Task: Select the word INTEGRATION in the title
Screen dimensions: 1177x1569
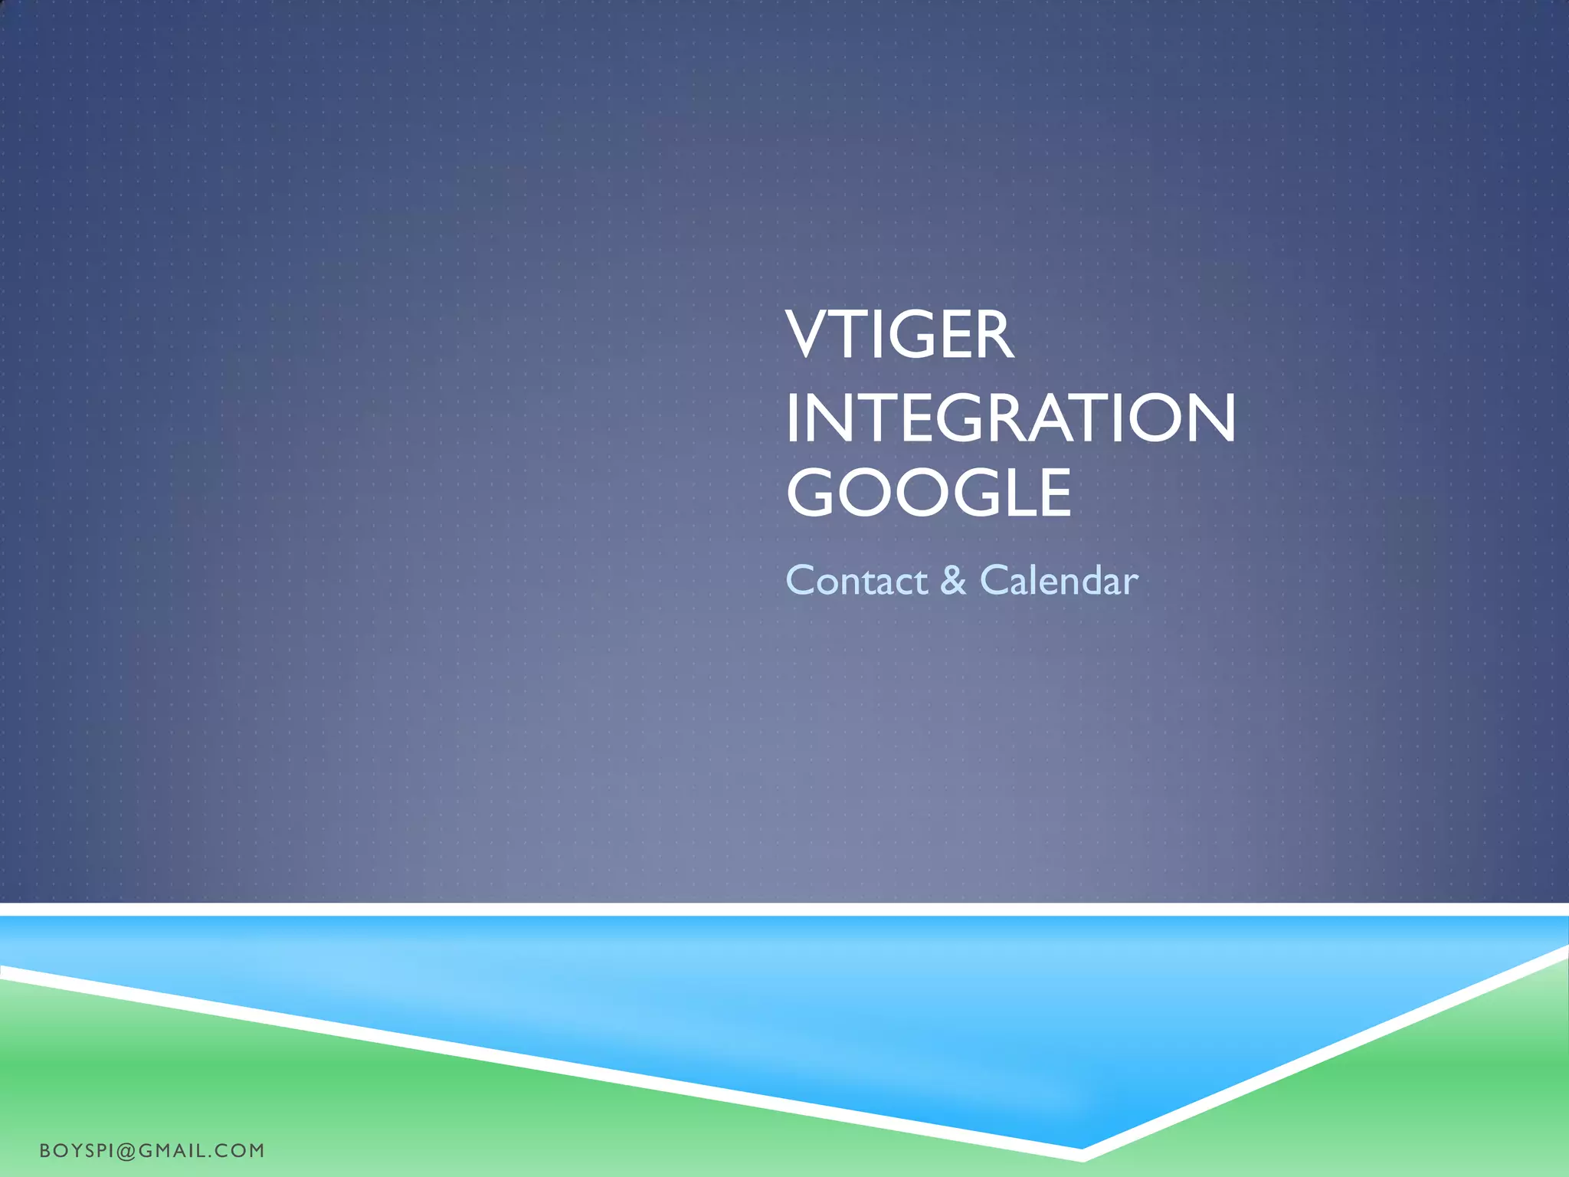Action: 1010,418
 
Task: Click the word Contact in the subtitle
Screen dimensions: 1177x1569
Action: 857,581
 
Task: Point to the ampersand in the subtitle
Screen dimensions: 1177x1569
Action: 953,581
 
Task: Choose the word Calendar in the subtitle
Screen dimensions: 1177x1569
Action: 1059,581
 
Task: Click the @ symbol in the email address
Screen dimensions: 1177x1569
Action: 127,1150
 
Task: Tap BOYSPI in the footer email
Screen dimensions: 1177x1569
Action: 77,1150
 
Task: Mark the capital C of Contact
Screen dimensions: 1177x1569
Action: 801,581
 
